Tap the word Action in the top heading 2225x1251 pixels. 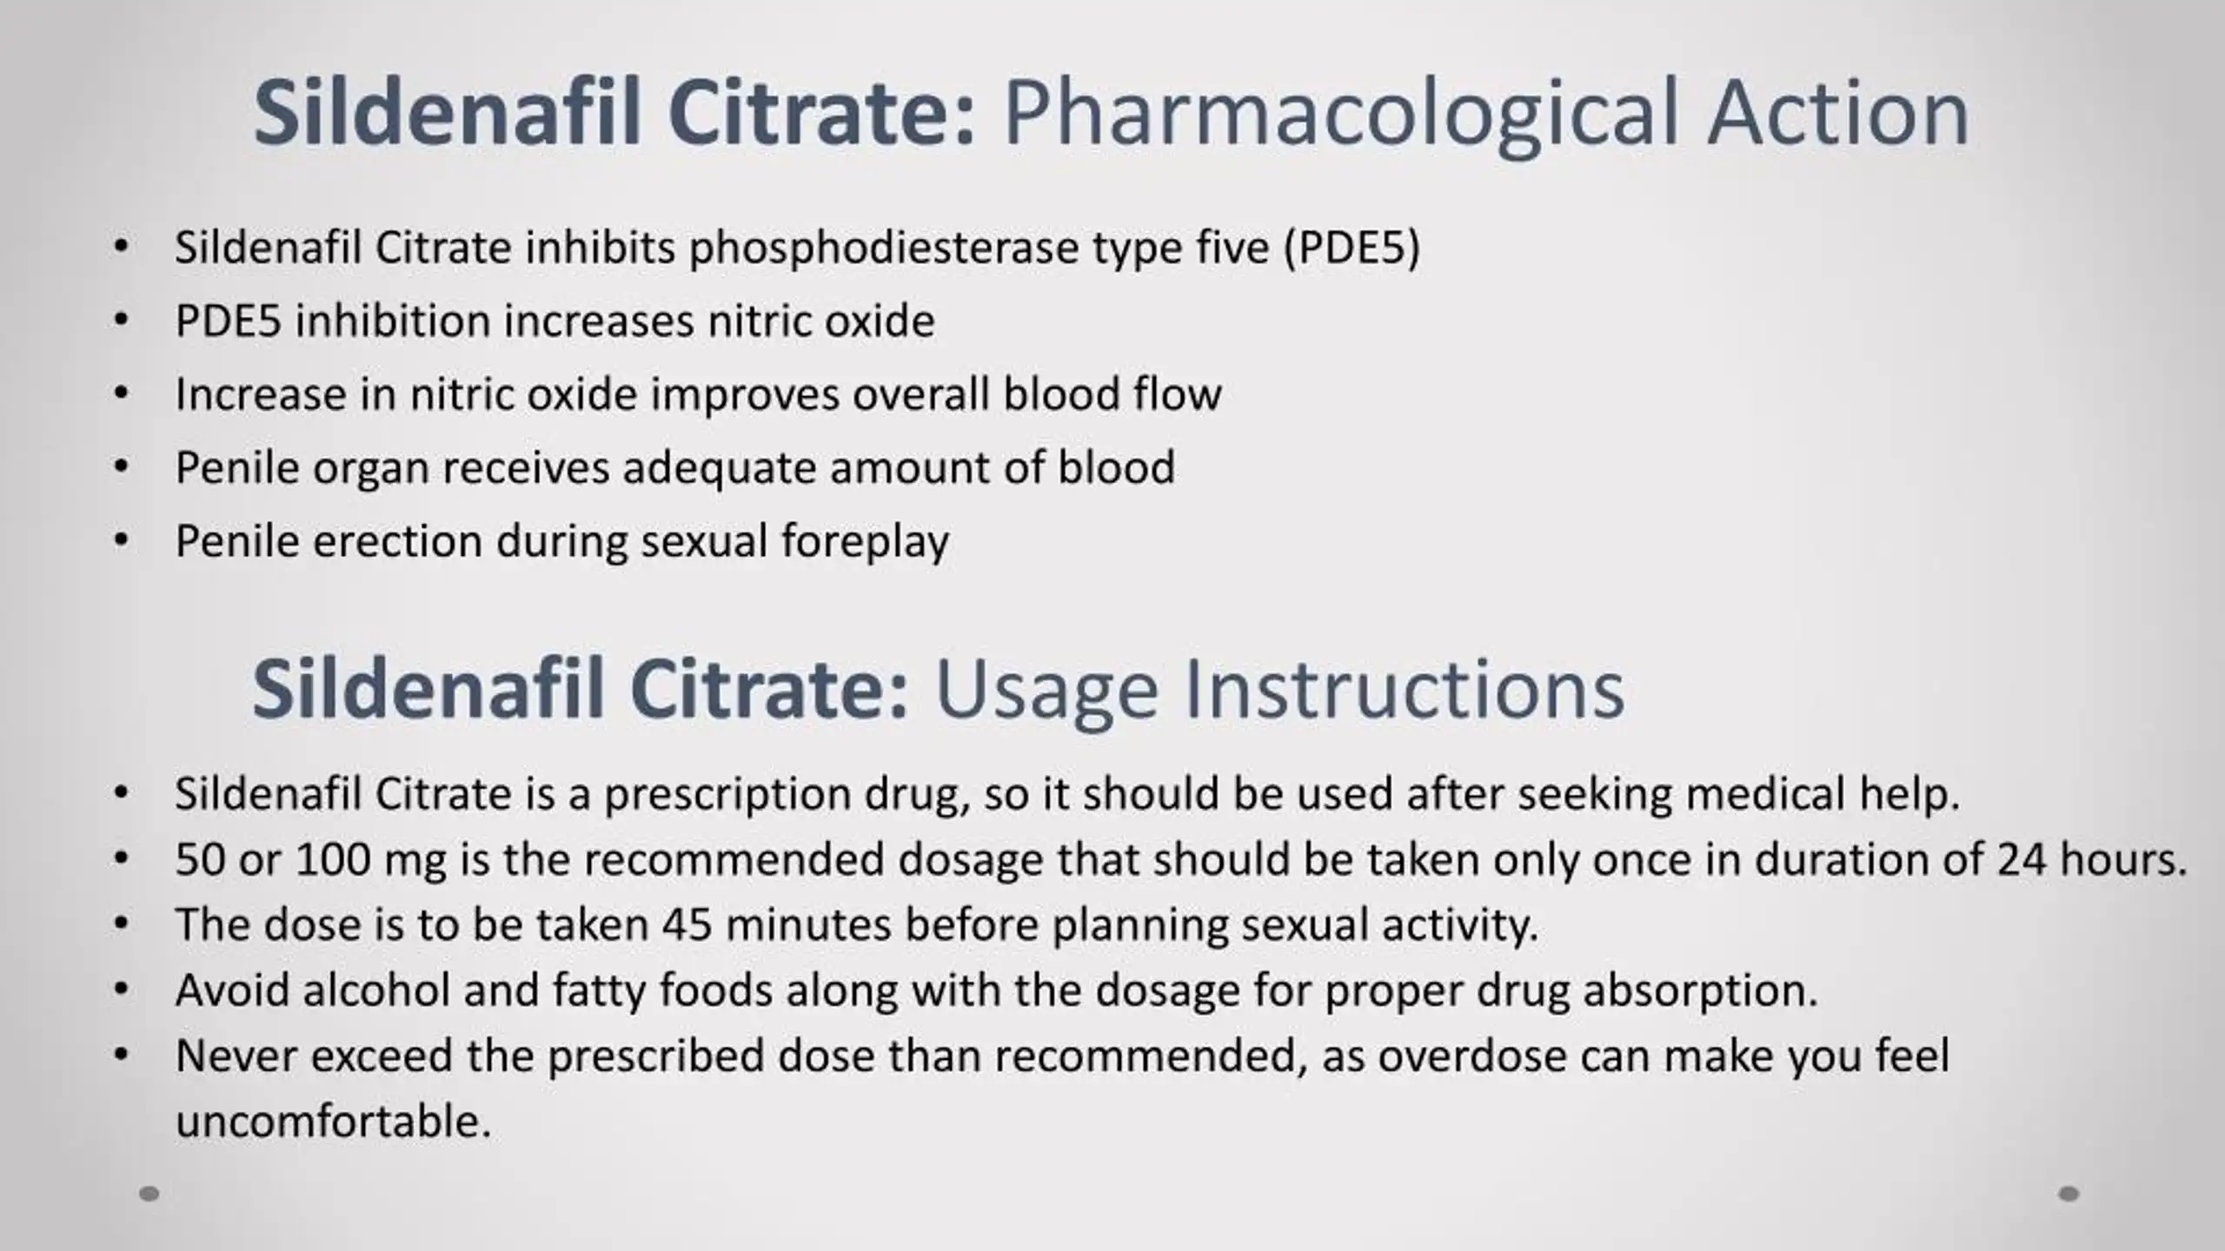coord(1837,113)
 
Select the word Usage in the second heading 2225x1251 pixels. coord(1046,690)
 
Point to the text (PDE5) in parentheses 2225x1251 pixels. coord(1352,248)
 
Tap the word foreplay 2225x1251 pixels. coord(865,542)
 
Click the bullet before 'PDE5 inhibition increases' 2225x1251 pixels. coord(121,320)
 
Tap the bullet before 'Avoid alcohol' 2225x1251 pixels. coord(121,989)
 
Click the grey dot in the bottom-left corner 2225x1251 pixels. coord(149,1194)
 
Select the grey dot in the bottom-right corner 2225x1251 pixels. coord(2069,1194)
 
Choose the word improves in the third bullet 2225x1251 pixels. coord(744,395)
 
